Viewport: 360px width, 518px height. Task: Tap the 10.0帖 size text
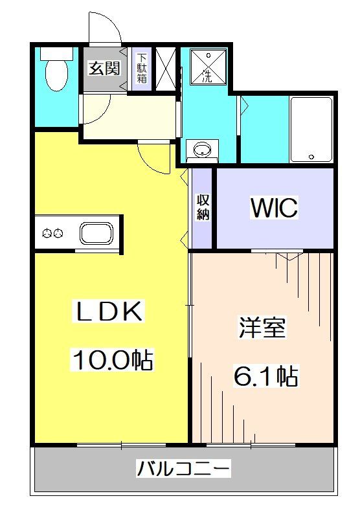click(x=111, y=360)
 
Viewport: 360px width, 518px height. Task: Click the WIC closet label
click(x=274, y=208)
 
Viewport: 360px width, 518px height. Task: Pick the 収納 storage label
click(x=203, y=207)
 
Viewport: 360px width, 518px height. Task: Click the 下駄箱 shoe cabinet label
click(x=141, y=69)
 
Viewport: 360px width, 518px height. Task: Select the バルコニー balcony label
click(x=183, y=468)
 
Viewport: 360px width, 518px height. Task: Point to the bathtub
click(x=311, y=129)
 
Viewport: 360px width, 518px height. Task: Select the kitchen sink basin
click(x=96, y=232)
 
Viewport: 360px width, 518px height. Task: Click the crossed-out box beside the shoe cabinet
click(x=166, y=69)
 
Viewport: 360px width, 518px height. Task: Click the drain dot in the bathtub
click(x=311, y=157)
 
